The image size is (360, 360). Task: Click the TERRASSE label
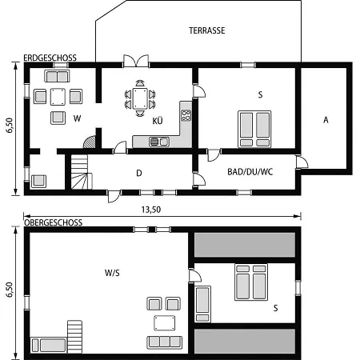[207, 30]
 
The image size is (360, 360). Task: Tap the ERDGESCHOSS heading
[50, 58]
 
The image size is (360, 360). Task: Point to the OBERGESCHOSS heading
[54, 222]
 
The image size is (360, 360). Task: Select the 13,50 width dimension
[151, 210]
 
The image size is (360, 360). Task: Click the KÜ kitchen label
[158, 121]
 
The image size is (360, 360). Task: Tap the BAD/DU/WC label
[250, 172]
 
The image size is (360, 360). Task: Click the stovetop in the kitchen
[186, 115]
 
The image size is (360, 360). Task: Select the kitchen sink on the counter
[159, 142]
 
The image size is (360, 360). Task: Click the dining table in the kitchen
[140, 99]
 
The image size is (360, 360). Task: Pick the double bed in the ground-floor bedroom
[254, 129]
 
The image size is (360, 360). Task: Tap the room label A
[326, 120]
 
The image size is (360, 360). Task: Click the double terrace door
[136, 61]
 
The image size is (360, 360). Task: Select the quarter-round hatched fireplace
[90, 142]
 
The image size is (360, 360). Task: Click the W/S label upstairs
[112, 273]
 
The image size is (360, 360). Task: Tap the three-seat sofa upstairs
[165, 342]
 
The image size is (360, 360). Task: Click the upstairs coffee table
[165, 323]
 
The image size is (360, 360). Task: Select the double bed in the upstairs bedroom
[251, 282]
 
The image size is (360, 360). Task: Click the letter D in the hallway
[139, 173]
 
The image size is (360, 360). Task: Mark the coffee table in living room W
[58, 97]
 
